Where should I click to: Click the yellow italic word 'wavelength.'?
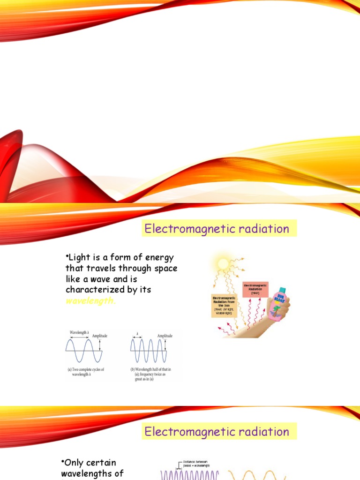(90, 301)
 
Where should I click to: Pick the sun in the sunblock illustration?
(223, 263)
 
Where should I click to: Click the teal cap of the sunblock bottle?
(282, 291)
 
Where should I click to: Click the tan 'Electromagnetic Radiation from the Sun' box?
(225, 306)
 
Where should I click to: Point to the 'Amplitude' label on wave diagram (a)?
(99, 336)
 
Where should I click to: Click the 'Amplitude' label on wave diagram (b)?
(165, 336)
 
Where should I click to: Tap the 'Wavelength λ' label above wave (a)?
(80, 332)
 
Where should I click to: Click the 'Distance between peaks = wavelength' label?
(195, 463)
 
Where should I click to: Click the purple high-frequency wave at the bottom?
(190, 475)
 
